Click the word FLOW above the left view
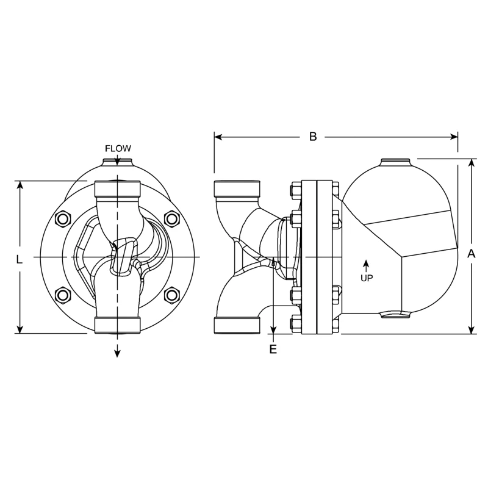[x=118, y=148]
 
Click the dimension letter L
[x=20, y=259]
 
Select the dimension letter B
[x=313, y=137]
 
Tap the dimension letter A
[x=471, y=254]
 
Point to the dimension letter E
[x=273, y=350]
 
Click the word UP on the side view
[x=367, y=278]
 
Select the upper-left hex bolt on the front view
[x=63, y=218]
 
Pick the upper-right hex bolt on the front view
[x=172, y=218]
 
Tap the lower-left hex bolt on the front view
[x=63, y=296]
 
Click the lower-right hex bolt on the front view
[x=172, y=296]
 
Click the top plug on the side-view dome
[x=396, y=162]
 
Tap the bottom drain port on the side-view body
[x=395, y=315]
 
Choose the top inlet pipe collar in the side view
[x=237, y=188]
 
